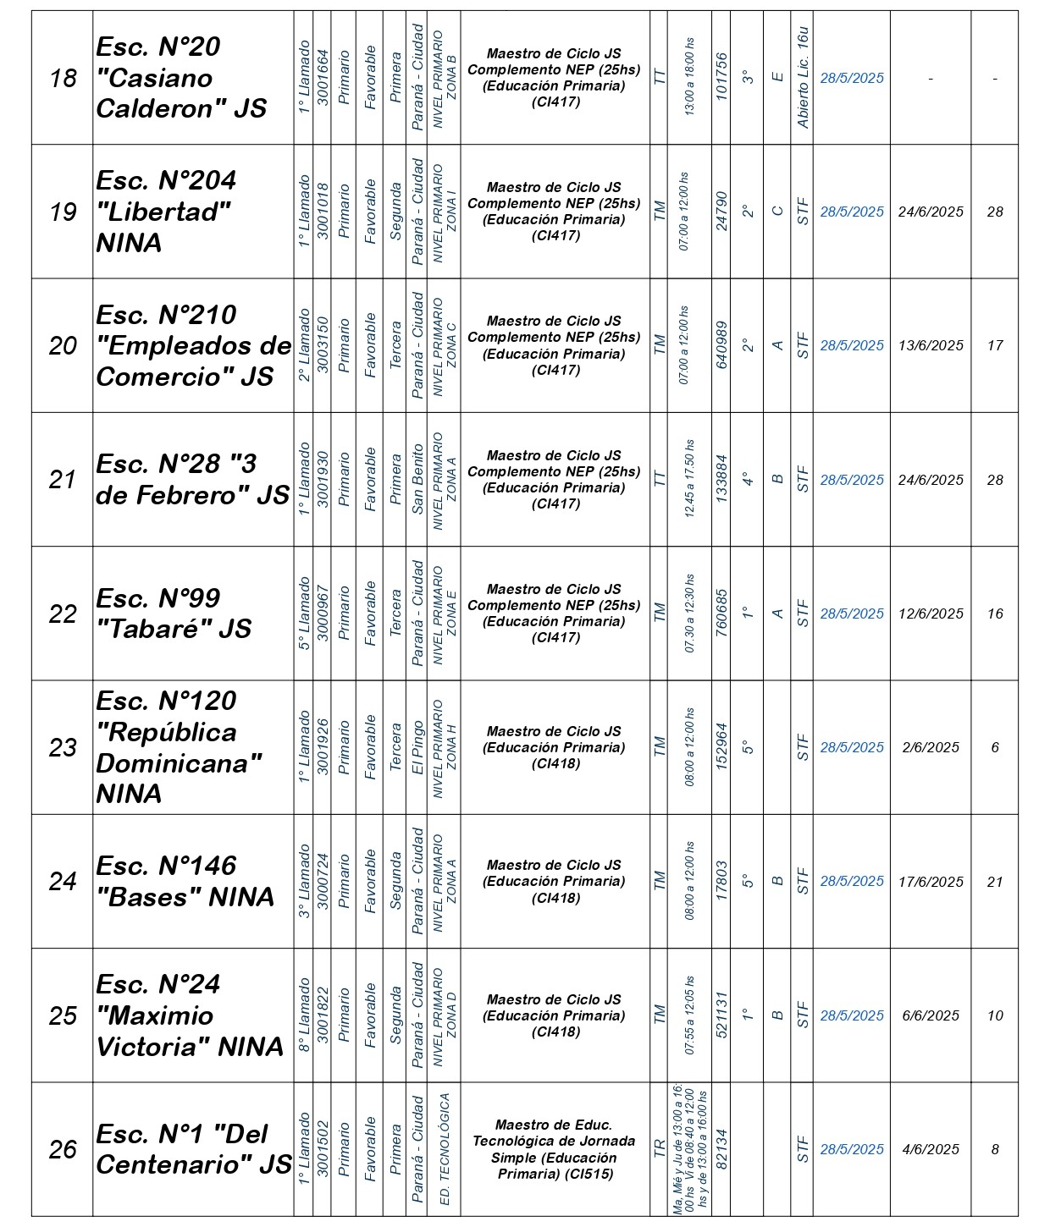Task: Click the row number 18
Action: tap(63, 78)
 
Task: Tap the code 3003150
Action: tap(323, 345)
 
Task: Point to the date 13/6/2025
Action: tap(931, 345)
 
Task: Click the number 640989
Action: tap(721, 345)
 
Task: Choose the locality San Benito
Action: tap(417, 479)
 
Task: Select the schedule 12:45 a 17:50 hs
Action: tap(689, 479)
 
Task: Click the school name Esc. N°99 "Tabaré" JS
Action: tap(174, 613)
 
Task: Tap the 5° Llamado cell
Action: tap(304, 613)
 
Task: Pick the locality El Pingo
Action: tap(417, 747)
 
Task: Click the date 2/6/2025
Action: tap(931, 747)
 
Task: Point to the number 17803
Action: tap(721, 881)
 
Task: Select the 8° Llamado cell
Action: tap(304, 1015)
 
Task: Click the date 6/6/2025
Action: tap(931, 1015)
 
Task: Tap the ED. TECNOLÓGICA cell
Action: tap(445, 1149)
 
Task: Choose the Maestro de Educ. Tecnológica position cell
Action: tap(555, 1149)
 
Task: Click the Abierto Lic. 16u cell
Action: tap(803, 78)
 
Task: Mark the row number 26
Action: tap(63, 1149)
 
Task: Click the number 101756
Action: tap(721, 78)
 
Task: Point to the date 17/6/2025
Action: tap(931, 881)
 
